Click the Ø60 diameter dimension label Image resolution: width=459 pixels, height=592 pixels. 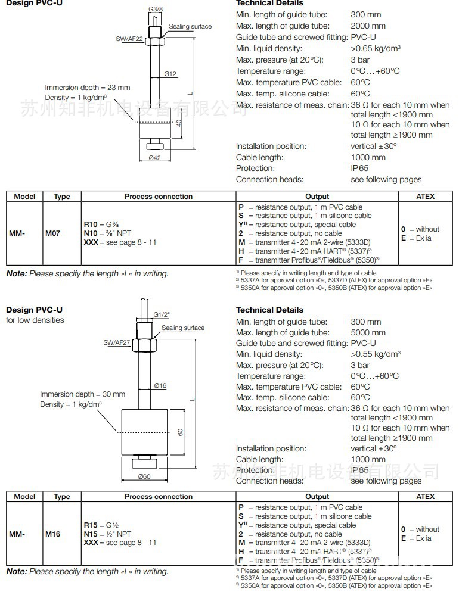point(145,476)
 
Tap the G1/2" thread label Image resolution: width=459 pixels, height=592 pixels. point(162,314)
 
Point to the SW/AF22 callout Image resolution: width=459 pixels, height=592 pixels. point(129,39)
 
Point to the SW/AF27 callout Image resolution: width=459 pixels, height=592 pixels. point(116,343)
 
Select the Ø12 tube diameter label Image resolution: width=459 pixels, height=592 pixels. point(171,74)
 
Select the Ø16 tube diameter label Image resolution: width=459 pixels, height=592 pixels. point(160,385)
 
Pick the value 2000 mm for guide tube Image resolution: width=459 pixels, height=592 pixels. point(368,26)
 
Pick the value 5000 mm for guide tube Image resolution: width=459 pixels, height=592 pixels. point(368,332)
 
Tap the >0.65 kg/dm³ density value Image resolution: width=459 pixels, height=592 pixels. point(376,48)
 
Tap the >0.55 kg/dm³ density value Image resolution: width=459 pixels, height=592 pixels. point(376,354)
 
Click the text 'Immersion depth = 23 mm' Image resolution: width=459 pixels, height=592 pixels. point(88,88)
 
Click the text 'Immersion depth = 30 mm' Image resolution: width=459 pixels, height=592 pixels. point(83,394)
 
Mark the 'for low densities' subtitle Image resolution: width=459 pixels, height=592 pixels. point(35,320)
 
